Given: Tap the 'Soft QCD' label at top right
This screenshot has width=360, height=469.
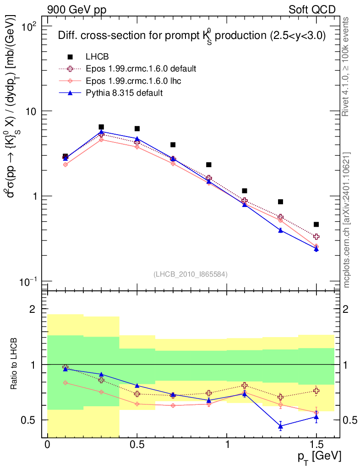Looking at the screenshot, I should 311,10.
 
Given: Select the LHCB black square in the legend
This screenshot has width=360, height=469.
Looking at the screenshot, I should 70,57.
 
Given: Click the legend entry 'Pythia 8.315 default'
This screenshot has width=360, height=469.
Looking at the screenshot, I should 125,93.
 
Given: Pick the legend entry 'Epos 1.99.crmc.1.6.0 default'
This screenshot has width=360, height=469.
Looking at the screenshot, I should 141,69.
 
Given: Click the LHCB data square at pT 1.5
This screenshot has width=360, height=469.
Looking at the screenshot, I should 316,224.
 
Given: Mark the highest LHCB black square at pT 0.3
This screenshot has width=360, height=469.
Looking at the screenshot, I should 101,127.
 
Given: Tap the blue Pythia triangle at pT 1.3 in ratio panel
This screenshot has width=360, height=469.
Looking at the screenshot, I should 280,426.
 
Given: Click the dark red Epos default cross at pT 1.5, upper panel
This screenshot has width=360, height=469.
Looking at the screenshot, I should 316,237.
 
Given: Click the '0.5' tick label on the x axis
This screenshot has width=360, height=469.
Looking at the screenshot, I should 137,445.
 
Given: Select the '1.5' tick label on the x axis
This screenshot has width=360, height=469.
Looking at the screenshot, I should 316,445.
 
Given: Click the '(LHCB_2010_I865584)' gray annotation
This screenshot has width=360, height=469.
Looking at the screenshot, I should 191,274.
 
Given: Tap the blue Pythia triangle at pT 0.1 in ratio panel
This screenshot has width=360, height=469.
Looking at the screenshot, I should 65,368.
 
